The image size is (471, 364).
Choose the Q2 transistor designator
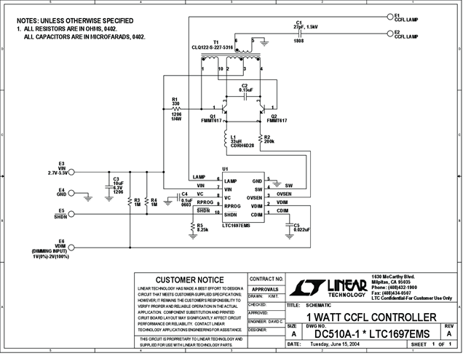point(274,116)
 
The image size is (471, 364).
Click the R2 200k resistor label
point(267,138)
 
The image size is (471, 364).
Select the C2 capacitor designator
point(244,85)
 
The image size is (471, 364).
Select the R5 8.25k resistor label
point(202,228)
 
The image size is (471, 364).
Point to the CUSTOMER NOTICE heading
point(189,280)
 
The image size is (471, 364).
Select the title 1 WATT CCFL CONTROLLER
point(371,317)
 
